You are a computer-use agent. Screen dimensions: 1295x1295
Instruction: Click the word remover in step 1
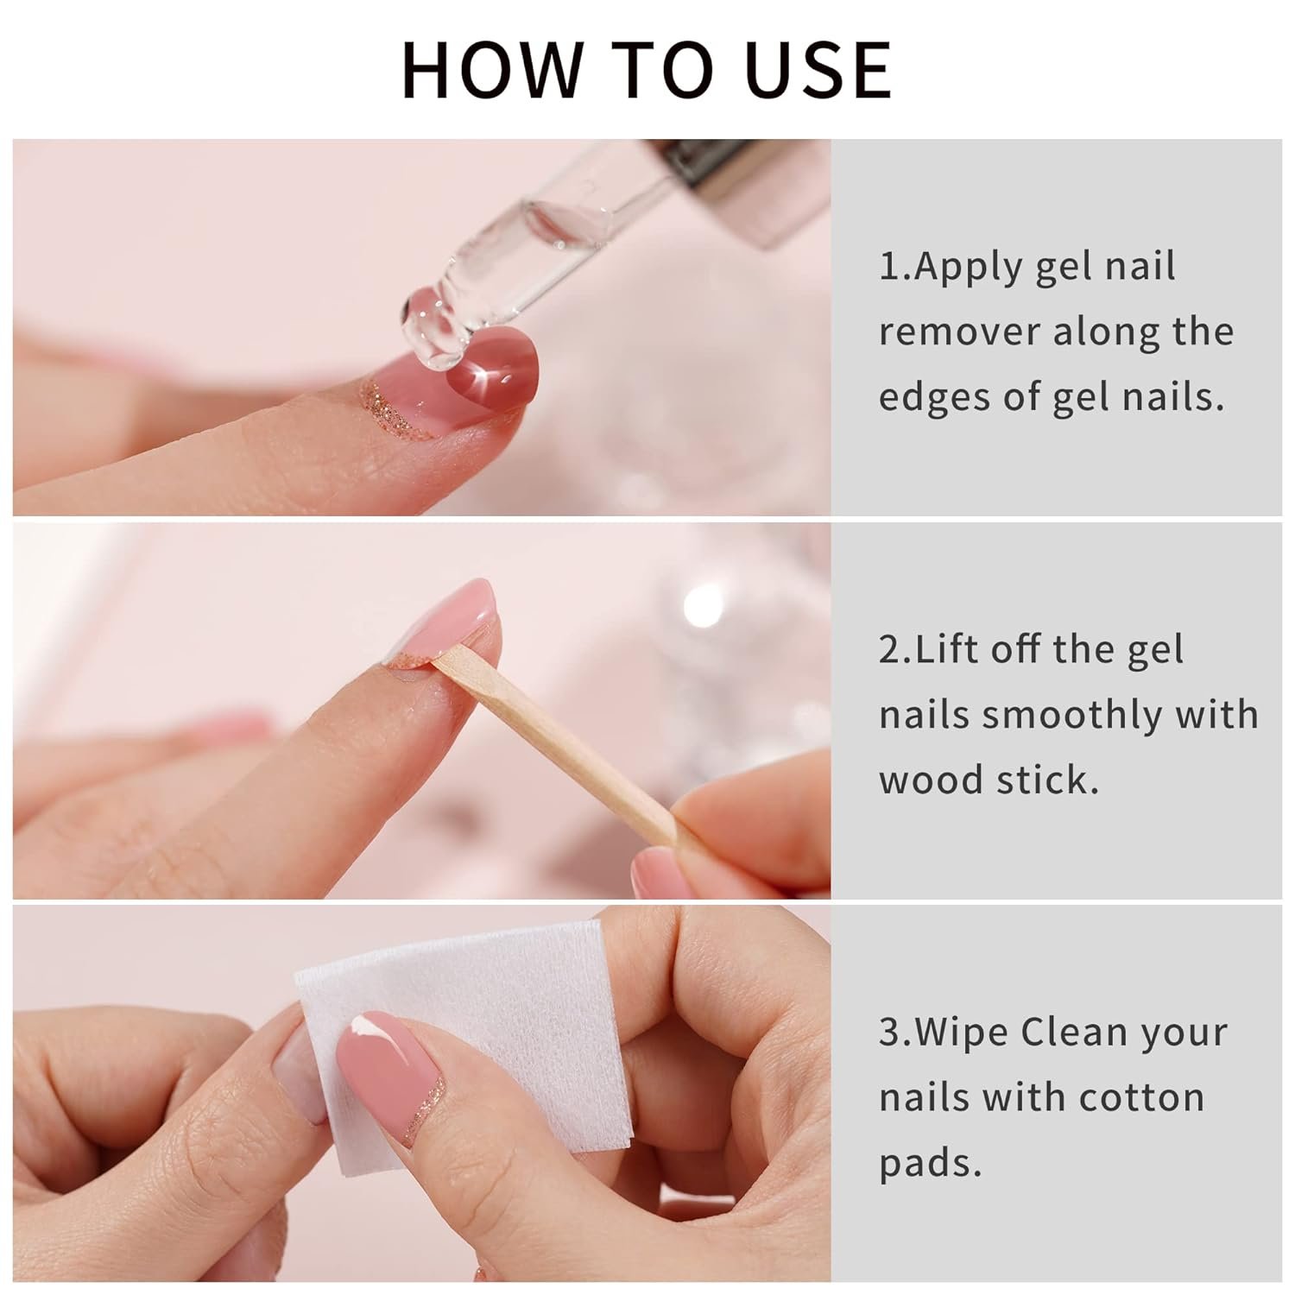[x=959, y=332]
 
